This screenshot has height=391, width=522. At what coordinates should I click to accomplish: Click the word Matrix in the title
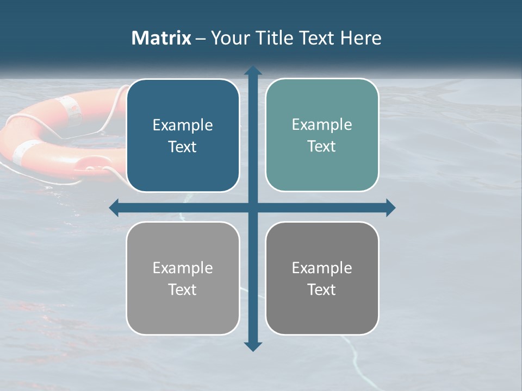[161, 38]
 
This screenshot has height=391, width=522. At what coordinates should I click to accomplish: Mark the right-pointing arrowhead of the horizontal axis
[390, 207]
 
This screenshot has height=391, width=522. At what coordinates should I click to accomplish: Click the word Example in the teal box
[322, 124]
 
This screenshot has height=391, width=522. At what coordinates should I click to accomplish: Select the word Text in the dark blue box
[183, 147]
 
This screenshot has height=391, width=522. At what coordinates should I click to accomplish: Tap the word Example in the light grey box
[183, 268]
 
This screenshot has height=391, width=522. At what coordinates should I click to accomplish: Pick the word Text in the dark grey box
[322, 290]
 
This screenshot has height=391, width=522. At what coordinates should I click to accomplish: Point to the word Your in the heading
[229, 38]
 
